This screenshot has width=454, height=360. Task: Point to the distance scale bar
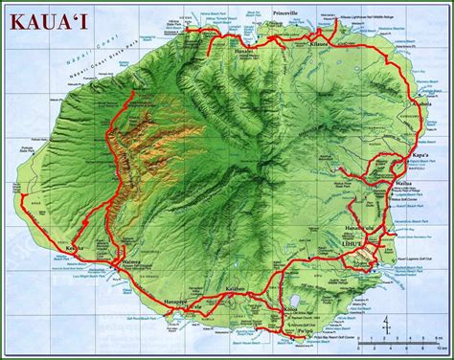406,337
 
